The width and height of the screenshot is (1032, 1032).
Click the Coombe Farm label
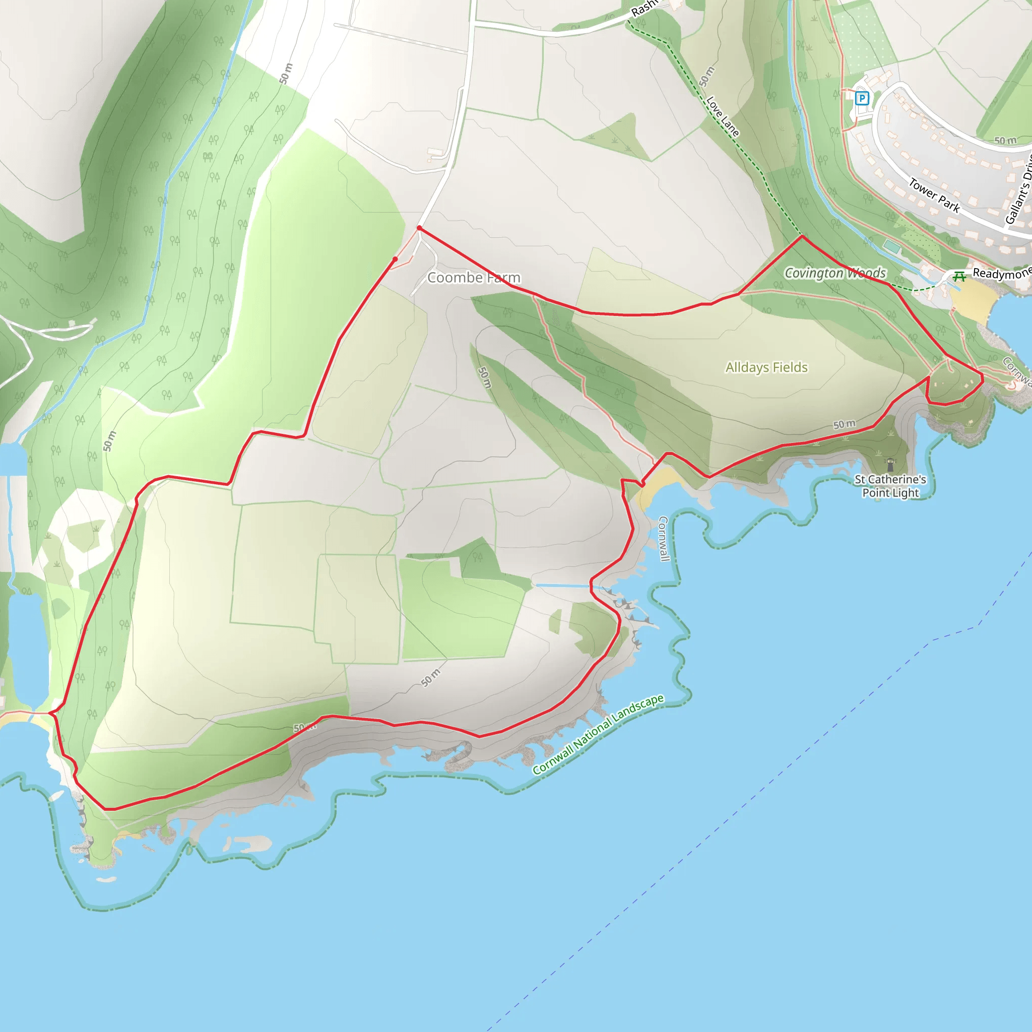[473, 278]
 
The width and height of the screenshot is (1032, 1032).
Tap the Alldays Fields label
[766, 367]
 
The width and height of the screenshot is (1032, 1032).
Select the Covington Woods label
[835, 273]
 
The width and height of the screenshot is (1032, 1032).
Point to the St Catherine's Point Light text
[890, 486]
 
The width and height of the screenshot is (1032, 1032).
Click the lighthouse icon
[890, 464]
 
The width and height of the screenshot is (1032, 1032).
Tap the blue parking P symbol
[862, 98]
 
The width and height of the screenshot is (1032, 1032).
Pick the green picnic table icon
[959, 276]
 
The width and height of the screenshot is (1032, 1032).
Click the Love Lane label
[723, 116]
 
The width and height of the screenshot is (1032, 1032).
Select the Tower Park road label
[934, 196]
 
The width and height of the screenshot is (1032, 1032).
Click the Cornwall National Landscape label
[598, 735]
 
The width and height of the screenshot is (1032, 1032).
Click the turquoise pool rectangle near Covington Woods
[890, 246]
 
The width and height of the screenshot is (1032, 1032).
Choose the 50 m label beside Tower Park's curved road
[1005, 141]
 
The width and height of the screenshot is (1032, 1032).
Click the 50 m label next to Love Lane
[706, 77]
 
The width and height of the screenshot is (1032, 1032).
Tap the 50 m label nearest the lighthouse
[844, 425]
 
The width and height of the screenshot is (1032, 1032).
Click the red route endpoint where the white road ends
[419, 228]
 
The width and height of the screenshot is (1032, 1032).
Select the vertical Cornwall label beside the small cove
[664, 539]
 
